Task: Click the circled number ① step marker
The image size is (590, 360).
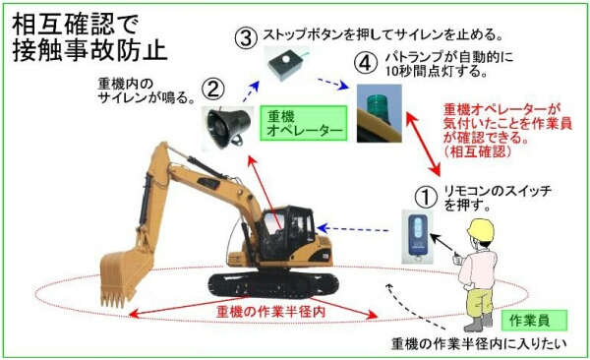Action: (426, 197)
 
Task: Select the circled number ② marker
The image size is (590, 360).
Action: (213, 90)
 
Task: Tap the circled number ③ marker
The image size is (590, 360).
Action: (246, 38)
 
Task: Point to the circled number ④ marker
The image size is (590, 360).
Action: (366, 63)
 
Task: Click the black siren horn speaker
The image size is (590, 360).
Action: (226, 127)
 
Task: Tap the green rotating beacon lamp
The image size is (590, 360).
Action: (379, 113)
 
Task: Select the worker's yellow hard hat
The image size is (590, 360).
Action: (480, 230)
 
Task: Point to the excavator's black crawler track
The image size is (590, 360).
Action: (272, 284)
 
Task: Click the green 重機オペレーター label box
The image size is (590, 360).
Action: (303, 123)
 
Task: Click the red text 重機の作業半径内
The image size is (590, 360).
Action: (270, 312)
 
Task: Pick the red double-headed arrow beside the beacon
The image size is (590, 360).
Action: (423, 143)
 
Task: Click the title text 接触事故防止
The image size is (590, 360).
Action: (89, 50)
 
